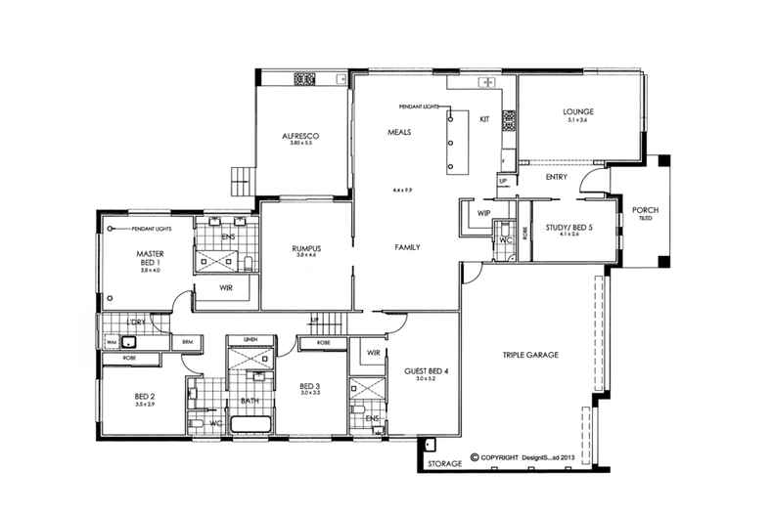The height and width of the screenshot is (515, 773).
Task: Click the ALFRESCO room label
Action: point(301,135)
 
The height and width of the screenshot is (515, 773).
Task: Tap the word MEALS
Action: point(398,131)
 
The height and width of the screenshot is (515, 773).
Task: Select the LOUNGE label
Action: point(578,111)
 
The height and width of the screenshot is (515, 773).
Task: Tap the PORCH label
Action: point(646,210)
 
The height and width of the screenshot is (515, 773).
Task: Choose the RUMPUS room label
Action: point(306,248)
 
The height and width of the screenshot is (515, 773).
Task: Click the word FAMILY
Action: point(407,247)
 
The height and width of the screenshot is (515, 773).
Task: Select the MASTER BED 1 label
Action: point(149,257)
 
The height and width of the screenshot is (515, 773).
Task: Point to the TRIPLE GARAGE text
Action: point(529,355)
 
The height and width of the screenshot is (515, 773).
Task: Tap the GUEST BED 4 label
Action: point(427,370)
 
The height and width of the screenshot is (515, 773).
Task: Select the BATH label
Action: point(250,400)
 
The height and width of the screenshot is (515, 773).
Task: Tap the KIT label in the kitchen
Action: point(483,119)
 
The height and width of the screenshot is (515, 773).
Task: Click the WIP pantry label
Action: point(483,212)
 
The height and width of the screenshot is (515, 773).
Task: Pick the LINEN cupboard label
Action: point(250,339)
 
